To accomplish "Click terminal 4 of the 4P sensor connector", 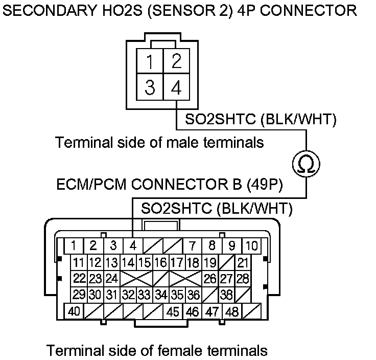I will [x=176, y=88].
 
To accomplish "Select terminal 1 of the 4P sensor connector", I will [x=150, y=62].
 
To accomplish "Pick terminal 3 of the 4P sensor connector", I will [x=150, y=88].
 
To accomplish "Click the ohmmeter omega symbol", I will [x=307, y=164].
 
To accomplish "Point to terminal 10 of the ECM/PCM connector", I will [x=250, y=245].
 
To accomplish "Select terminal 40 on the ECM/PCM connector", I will [x=74, y=311].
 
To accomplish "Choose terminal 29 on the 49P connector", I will [x=79, y=295].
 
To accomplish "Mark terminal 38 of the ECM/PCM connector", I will [x=226, y=295].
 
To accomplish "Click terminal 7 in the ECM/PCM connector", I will [x=192, y=245].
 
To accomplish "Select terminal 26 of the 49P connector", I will [x=209, y=279].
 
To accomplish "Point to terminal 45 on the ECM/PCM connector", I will [x=173, y=311].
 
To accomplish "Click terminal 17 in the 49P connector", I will [x=177, y=263].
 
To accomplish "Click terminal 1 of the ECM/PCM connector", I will [x=75, y=245].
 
